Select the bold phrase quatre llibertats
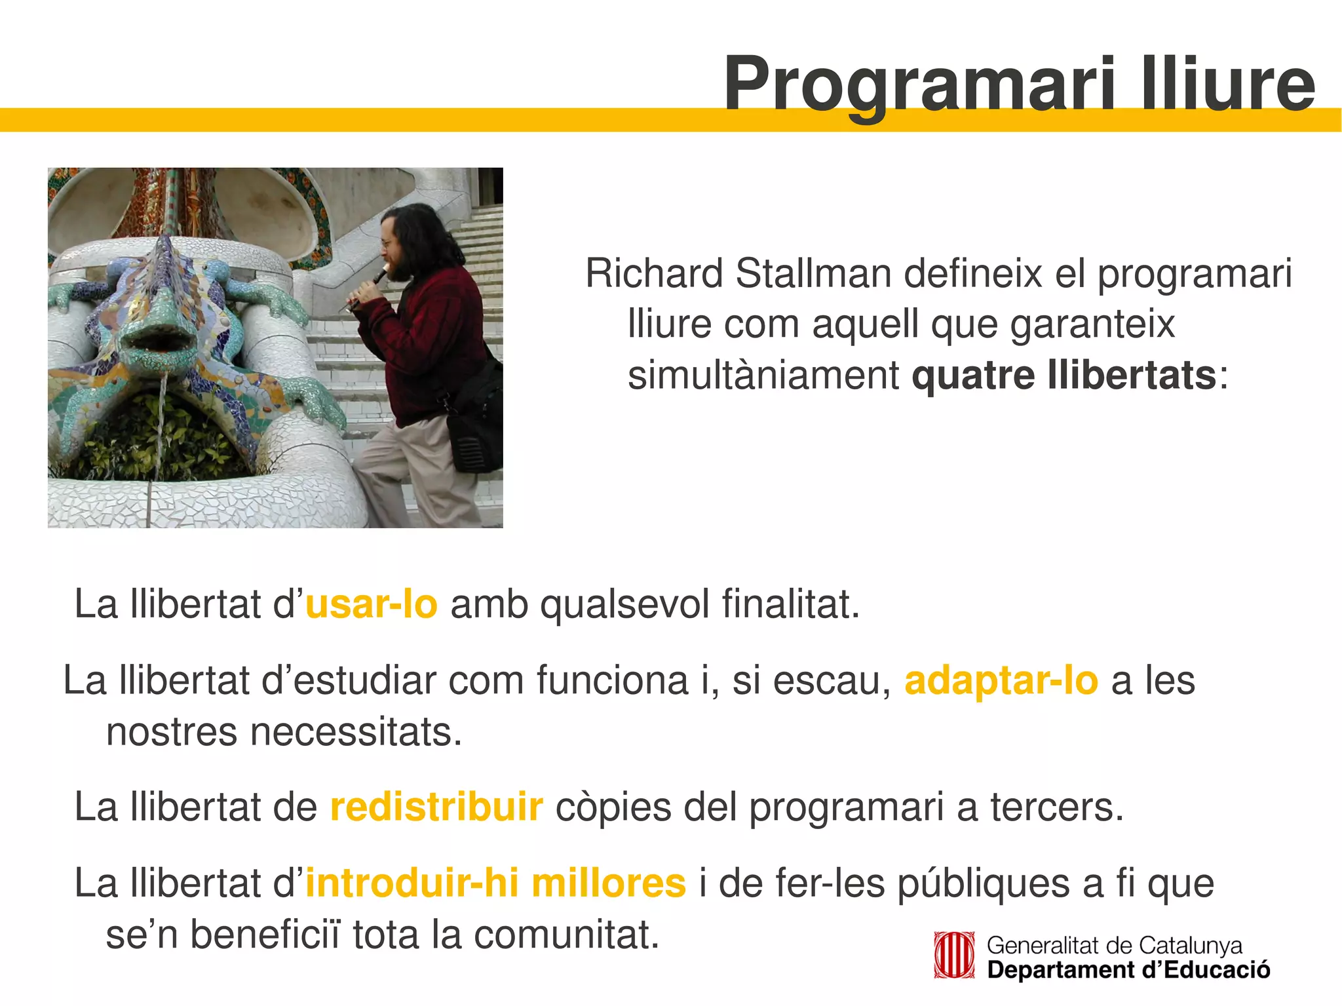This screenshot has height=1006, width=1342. coord(1064,376)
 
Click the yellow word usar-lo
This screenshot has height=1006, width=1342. coord(371,604)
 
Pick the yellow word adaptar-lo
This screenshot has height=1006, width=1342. coord(1001,680)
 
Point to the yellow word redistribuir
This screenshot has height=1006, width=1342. coord(436,807)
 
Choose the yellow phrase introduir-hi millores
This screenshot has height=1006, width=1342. coord(495,883)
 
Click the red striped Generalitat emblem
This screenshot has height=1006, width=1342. coord(953,956)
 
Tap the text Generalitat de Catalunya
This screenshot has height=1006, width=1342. coord(1114,946)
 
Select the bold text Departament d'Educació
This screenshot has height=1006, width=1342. coord(1128,970)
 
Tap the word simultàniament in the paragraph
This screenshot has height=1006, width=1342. coord(763,376)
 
